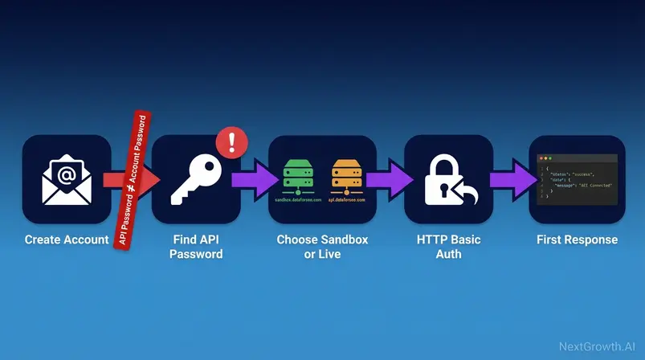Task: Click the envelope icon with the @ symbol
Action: [66, 178]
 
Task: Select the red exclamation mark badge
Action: [232, 141]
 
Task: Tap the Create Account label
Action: [66, 239]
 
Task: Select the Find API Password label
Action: [198, 247]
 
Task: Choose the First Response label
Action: [577, 239]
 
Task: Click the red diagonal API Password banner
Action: [133, 180]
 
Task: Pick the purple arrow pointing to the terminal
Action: [508, 178]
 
